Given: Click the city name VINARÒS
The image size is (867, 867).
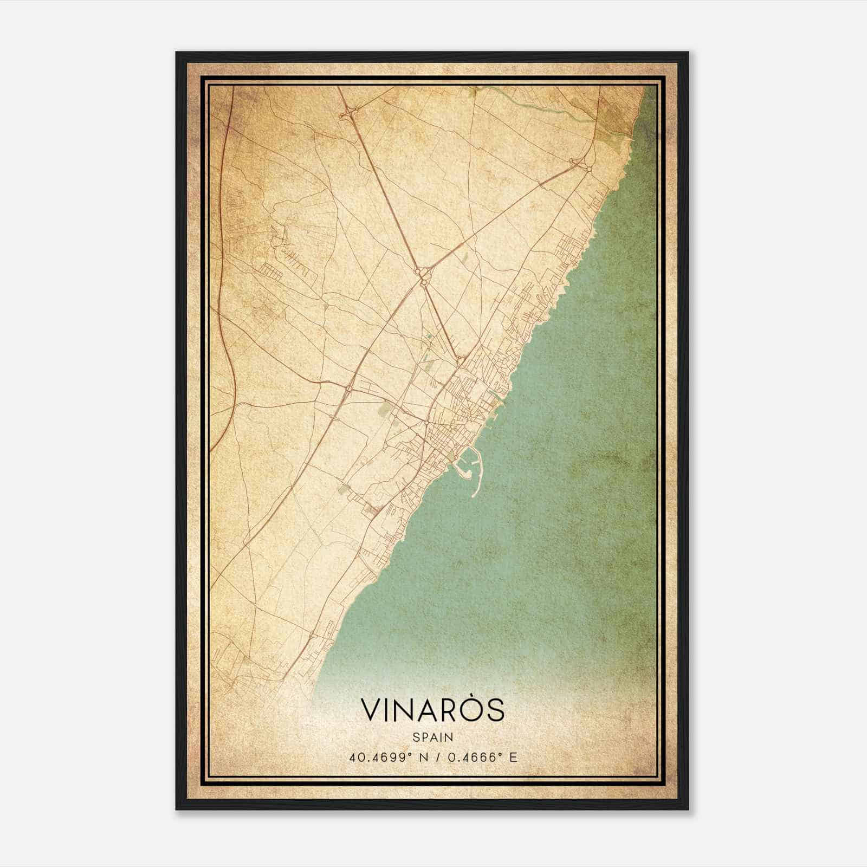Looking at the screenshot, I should [x=432, y=710].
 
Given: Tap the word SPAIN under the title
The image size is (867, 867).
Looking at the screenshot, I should [x=433, y=737].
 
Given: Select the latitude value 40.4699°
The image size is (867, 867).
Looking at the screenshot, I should [x=378, y=757].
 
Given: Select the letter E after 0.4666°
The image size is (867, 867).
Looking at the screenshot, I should [x=514, y=757].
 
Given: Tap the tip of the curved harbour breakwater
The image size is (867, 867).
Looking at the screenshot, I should [x=474, y=495].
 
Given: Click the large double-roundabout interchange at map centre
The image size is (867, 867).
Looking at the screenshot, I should [x=423, y=275].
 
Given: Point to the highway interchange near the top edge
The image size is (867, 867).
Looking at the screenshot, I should [x=347, y=113].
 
